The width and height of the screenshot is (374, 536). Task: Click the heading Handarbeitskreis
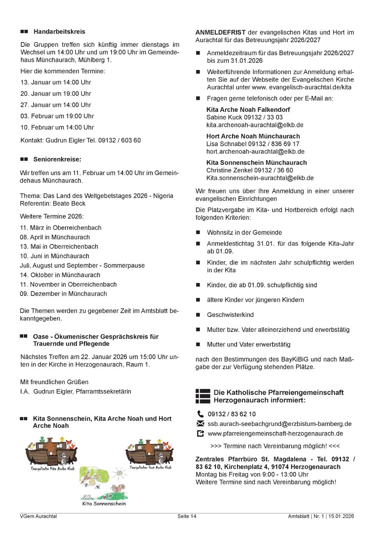pos(59,32)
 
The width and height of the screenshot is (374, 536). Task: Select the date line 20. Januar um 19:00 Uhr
pos(56,94)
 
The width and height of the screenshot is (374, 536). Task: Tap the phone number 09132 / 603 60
pos(119,140)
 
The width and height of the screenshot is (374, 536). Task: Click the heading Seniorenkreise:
pos(57,159)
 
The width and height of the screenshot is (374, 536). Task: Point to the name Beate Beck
pos(69,204)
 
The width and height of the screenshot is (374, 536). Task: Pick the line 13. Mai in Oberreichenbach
pos(59,247)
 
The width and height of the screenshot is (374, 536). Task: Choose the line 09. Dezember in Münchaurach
pos(63,294)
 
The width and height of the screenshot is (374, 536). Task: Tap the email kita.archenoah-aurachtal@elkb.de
pos(255,125)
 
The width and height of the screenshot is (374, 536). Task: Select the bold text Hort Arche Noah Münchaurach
pos(253,136)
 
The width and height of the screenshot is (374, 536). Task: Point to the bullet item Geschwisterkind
pos(230,315)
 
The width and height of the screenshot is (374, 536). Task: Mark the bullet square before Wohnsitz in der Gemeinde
pos(198,233)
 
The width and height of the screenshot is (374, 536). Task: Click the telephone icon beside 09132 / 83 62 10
pos(200,414)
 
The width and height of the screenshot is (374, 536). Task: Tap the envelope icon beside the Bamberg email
pos(200,424)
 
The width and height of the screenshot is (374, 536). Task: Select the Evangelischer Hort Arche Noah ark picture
pos(150,452)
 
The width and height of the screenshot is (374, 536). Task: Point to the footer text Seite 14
pos(187,516)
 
